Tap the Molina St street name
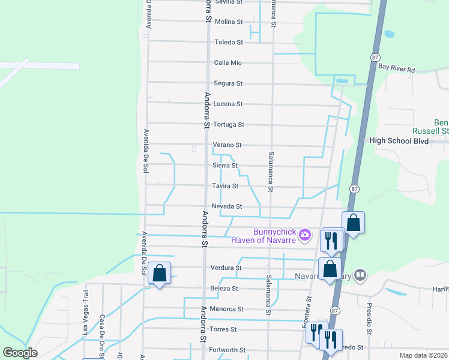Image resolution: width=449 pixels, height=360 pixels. [228, 22]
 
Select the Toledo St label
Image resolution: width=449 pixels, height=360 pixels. [228, 43]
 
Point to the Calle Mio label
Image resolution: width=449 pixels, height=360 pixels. [228, 63]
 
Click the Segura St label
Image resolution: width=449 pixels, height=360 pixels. [228, 83]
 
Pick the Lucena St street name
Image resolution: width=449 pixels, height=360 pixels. [228, 104]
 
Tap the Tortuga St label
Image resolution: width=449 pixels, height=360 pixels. [228, 125]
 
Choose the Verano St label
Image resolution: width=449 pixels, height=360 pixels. [227, 145]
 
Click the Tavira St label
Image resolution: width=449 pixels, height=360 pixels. [226, 186]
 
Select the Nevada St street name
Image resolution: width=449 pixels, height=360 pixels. [227, 206]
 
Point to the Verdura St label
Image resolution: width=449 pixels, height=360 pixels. [226, 268]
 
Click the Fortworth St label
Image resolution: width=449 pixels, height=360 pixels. [227, 350]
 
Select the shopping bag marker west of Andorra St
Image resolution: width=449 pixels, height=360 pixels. [159, 273]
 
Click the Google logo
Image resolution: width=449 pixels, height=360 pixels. [20, 353]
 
